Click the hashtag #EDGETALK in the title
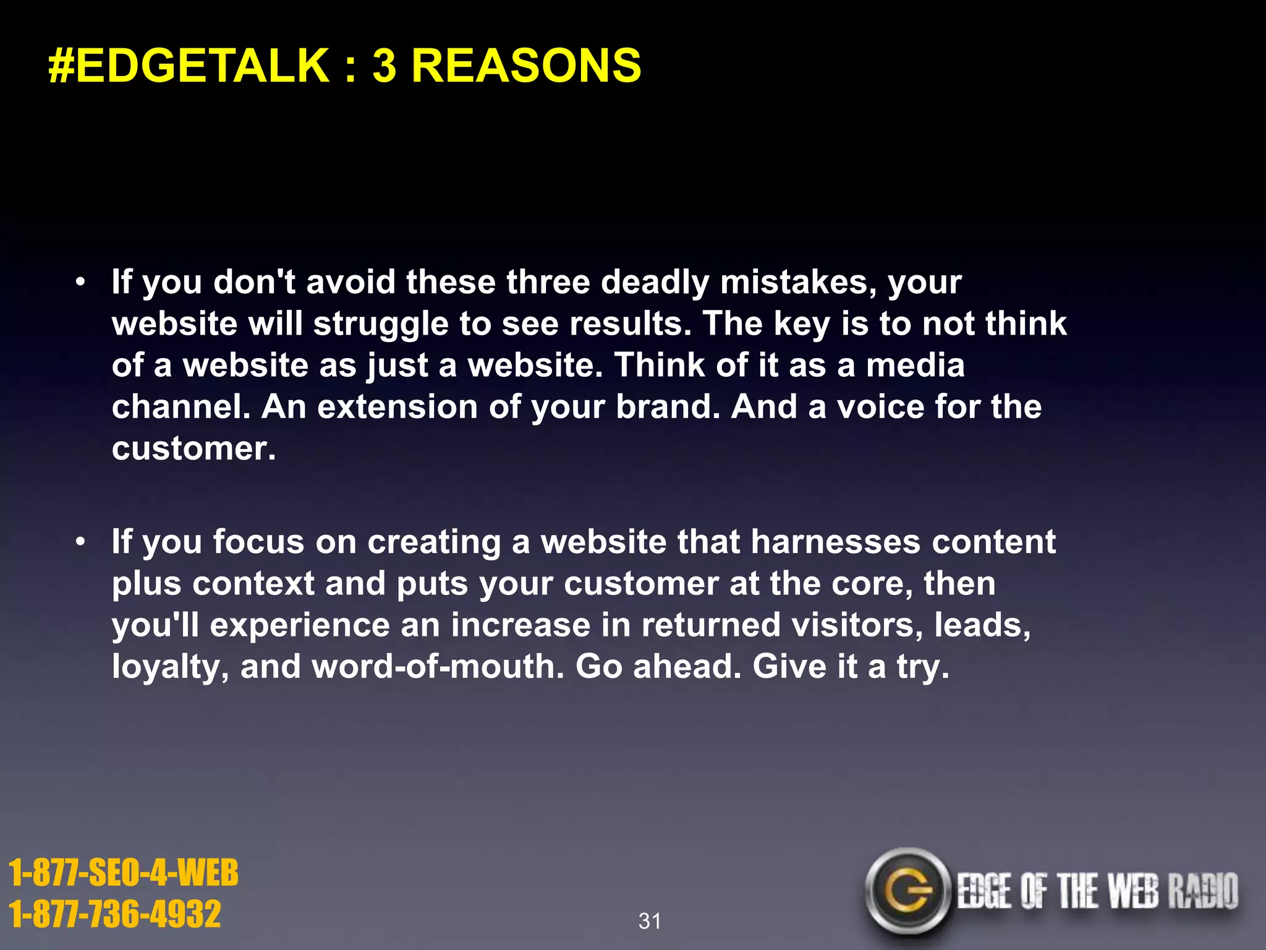189,66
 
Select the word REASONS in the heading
526,66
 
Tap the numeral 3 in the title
384,66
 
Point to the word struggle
380,325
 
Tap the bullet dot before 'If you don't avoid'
80,283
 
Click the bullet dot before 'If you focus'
80,543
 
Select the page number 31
650,921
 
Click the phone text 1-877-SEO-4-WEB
124,873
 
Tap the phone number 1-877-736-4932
115,914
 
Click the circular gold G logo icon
907,891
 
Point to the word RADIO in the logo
1202,891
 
